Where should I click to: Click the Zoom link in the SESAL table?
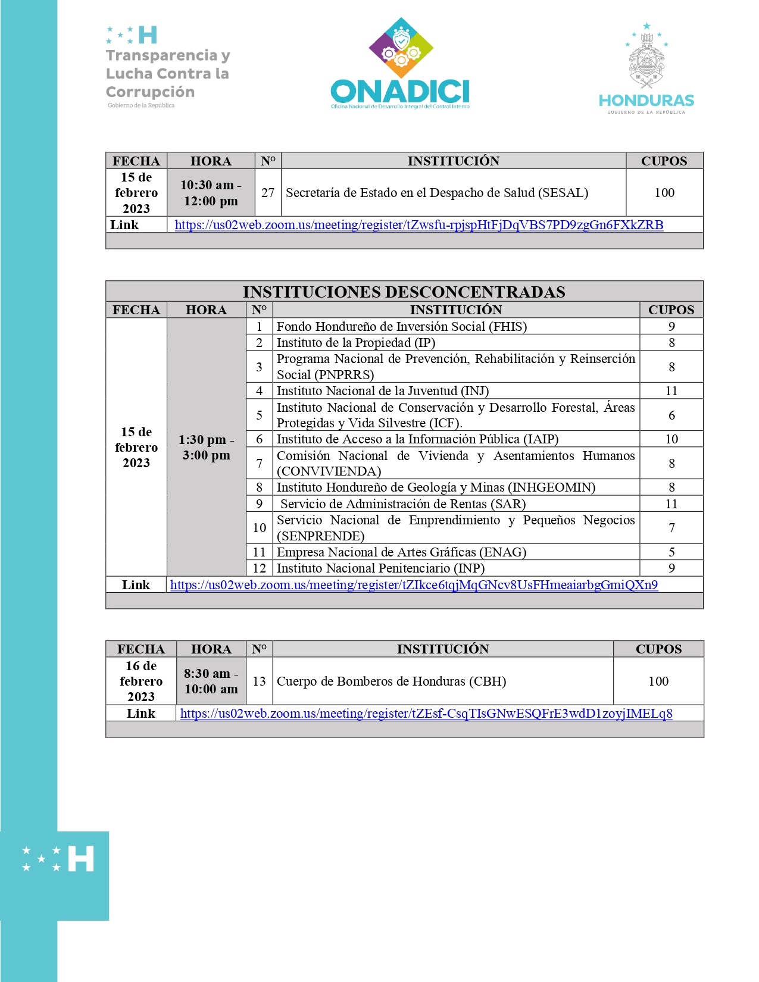[418, 225]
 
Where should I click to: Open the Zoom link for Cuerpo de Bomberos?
[426, 714]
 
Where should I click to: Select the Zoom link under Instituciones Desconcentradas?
[414, 585]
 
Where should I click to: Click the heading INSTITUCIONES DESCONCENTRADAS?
[404, 292]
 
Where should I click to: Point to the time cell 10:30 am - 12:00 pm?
[211, 193]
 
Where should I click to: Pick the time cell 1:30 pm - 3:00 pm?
[206, 448]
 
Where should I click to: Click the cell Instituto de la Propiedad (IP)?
[355, 343]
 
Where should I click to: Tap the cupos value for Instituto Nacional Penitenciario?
[671, 568]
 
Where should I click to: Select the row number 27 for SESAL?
[268, 193]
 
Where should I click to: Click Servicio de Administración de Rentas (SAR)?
[403, 504]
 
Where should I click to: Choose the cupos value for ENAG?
[671, 552]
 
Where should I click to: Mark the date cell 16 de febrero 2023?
[141, 681]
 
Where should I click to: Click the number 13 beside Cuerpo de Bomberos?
[259, 681]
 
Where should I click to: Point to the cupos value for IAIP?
[671, 439]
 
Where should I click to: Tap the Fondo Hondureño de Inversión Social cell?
[401, 327]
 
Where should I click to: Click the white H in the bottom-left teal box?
[81, 859]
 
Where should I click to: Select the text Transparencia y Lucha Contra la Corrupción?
[167, 73]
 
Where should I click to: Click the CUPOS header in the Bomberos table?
[658, 649]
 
